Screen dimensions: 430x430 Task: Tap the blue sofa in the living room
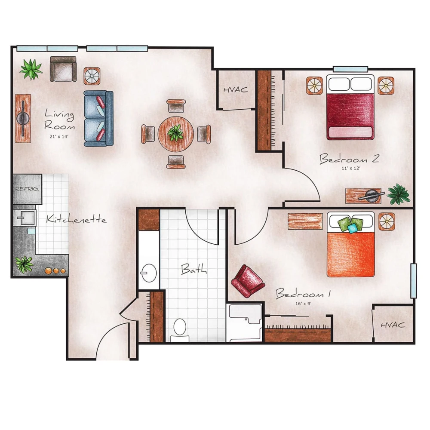click(98, 118)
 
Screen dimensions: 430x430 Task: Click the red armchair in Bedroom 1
click(247, 281)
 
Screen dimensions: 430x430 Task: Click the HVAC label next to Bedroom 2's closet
click(235, 90)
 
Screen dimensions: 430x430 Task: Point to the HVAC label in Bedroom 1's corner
click(393, 325)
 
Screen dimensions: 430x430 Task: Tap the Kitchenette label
click(76, 220)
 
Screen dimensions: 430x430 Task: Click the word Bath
click(193, 270)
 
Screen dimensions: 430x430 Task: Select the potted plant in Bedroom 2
click(398, 194)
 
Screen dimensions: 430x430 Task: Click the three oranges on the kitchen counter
click(55, 271)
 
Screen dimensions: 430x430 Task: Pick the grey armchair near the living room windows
click(63, 69)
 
